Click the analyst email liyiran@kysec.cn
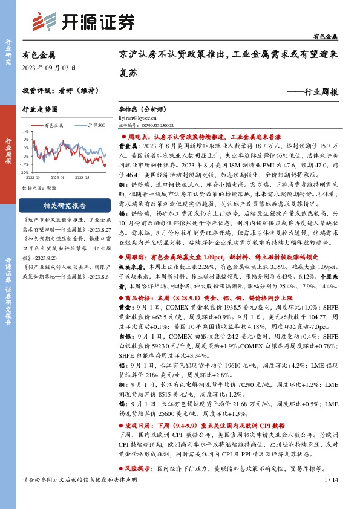point(137,120)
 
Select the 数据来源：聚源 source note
point(37,188)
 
